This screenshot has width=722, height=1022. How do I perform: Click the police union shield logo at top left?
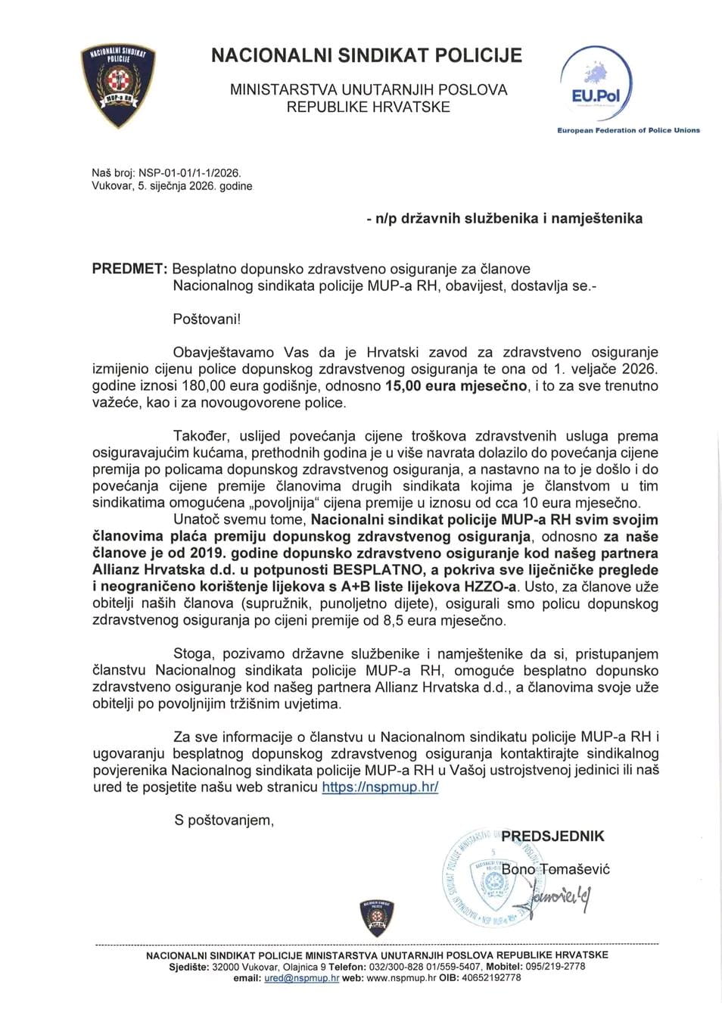pos(117,84)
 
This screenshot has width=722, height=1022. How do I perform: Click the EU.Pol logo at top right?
pos(595,84)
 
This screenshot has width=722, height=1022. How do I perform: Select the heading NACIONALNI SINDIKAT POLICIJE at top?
pos(366,55)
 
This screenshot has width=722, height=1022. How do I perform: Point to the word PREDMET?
pos(129,269)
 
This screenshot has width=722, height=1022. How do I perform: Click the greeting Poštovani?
pos(207,319)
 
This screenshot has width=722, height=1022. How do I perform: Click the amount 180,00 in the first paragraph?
pos(163,385)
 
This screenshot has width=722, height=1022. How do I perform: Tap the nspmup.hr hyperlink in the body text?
pos(380,787)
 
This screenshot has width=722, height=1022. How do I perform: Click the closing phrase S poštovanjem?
pos(224,820)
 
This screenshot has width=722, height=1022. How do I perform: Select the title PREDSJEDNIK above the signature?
pos(553,836)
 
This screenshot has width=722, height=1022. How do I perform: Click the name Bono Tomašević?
pos(556,869)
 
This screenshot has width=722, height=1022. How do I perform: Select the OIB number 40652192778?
pos(490,977)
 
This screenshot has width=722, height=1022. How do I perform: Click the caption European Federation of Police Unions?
pos(628,130)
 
